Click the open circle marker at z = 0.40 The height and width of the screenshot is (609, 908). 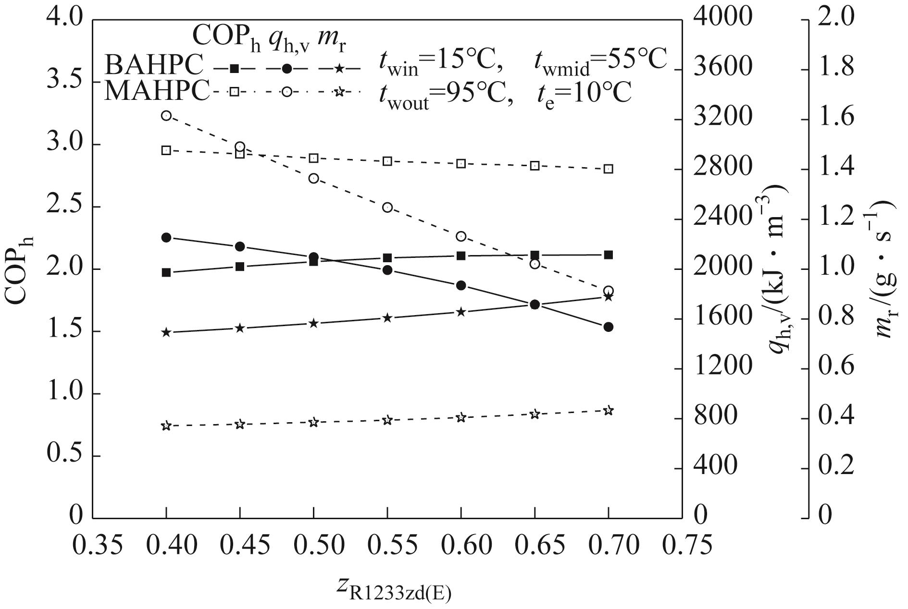[x=166, y=116]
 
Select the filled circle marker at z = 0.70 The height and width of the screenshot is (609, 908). [x=608, y=327]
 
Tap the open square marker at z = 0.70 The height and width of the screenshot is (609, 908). [x=608, y=169]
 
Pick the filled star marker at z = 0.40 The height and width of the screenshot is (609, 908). [x=166, y=332]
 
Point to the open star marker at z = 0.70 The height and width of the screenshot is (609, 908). [x=608, y=410]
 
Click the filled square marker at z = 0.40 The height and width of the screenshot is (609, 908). [x=166, y=272]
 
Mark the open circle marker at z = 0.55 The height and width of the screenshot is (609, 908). [x=387, y=207]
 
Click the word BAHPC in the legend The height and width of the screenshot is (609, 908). [x=154, y=64]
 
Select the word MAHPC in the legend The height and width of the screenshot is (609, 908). [x=157, y=91]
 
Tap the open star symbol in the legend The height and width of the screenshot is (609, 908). [x=340, y=92]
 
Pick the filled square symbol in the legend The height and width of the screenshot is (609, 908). [x=234, y=69]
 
